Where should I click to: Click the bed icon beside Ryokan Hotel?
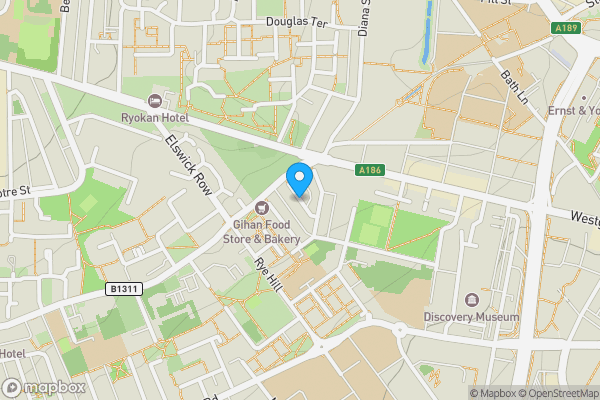click(155, 99)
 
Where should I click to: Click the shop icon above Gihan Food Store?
click(261, 207)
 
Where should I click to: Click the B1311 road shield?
click(121, 289)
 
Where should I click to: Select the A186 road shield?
click(370, 172)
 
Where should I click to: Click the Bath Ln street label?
click(514, 87)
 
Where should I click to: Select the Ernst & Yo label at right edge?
click(574, 110)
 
